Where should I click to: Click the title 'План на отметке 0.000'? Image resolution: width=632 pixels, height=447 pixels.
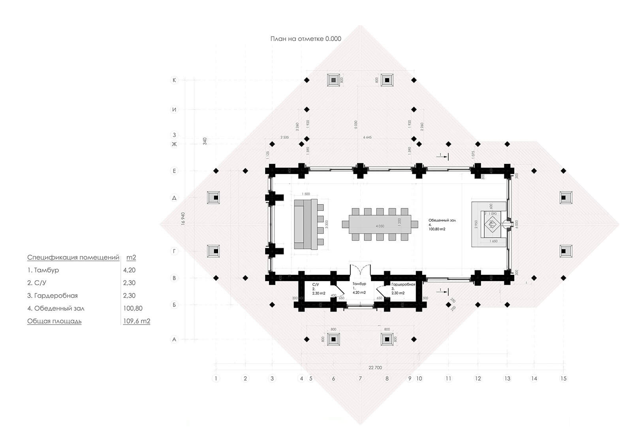[x=306, y=39]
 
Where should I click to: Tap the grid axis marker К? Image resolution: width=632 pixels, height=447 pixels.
[x=174, y=80]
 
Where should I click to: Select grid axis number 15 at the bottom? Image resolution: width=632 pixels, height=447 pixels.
[x=563, y=378]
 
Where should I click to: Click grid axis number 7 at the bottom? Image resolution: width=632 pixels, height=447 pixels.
[x=360, y=378]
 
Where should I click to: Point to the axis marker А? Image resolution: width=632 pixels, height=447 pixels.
[x=174, y=339]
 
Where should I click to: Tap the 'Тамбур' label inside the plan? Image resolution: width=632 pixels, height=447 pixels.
[x=359, y=284]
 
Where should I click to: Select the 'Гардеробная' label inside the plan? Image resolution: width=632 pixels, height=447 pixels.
[x=403, y=284]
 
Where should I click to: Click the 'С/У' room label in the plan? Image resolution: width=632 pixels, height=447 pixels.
[x=315, y=284]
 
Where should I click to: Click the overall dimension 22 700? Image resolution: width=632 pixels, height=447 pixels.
[x=375, y=368]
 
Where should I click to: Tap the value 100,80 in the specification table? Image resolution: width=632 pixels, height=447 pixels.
[x=133, y=308]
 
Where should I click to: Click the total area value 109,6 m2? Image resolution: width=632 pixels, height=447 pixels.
[x=137, y=321]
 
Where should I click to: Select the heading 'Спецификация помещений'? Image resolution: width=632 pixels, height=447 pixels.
[x=73, y=257]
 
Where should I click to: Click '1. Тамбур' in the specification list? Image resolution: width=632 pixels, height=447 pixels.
[x=43, y=270]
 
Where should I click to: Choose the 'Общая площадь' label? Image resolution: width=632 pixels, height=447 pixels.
[x=54, y=321]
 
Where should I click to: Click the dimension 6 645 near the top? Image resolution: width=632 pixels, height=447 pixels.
[x=367, y=137]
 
